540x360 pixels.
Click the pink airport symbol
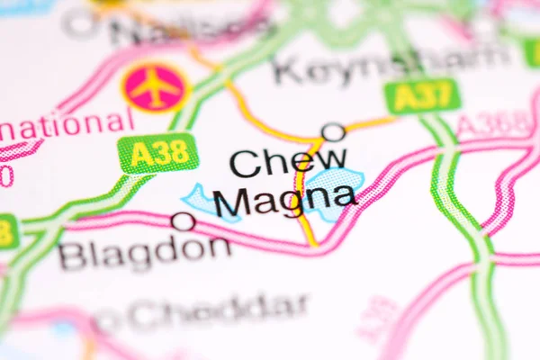155,86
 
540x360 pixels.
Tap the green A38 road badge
158,153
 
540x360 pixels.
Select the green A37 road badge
421,95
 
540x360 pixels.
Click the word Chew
287,162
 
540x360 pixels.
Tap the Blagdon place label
144,253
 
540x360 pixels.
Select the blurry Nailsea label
189,30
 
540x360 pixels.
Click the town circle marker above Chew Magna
333,132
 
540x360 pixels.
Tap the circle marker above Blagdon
183,221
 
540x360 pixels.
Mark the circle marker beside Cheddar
107,320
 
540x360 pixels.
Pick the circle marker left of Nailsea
80,24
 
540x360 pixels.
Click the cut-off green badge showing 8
7,231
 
